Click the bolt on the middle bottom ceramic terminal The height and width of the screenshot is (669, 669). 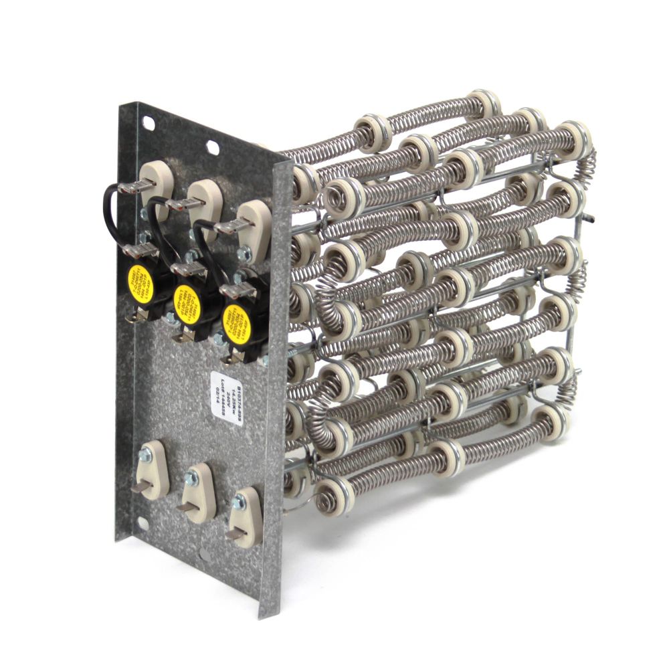(192, 478)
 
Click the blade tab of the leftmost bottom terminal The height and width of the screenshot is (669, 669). (138, 488)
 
